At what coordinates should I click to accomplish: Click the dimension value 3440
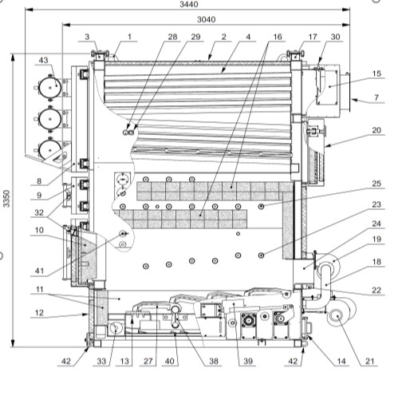tap(189, 4)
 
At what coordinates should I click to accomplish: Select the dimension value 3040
tap(207, 19)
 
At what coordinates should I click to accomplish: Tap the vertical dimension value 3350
tap(7, 198)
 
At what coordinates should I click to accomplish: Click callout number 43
tap(43, 60)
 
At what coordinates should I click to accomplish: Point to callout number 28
tap(172, 37)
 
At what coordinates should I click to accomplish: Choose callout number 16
tap(278, 37)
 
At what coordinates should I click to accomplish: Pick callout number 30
tap(335, 37)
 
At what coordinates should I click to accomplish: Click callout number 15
tap(376, 73)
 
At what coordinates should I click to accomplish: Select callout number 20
tap(376, 130)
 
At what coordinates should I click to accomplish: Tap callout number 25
tap(376, 184)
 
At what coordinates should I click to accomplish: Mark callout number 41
tap(39, 271)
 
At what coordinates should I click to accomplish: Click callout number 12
tap(39, 313)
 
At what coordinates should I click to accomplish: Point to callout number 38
tap(214, 361)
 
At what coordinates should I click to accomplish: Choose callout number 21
tap(370, 361)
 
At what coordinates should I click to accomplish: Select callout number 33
tap(101, 361)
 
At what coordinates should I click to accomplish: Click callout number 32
tap(39, 212)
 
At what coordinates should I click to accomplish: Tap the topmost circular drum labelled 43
tap(50, 87)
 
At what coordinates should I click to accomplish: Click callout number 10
tap(39, 230)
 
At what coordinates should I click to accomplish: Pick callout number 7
tap(376, 97)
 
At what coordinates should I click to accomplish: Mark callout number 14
tap(341, 361)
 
